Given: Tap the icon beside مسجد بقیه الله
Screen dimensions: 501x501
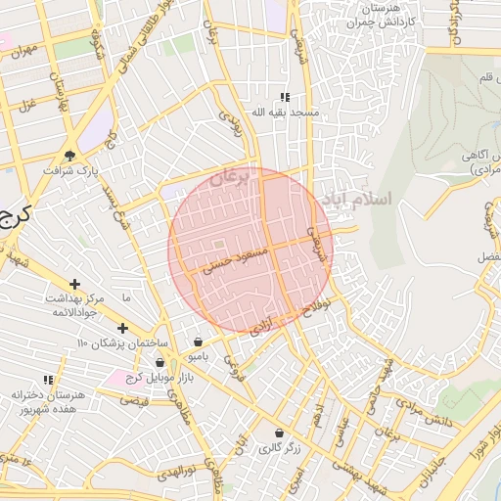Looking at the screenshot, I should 285,97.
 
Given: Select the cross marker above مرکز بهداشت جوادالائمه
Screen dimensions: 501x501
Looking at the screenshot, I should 74,283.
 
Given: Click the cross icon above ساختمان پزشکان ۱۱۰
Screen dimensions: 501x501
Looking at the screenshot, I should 122,328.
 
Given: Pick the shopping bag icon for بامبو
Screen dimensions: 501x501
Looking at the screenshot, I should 200,342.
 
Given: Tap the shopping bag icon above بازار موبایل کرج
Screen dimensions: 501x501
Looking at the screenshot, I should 159,363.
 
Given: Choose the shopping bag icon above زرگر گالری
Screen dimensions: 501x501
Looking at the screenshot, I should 280,433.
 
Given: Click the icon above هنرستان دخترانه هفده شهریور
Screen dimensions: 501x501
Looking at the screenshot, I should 47,380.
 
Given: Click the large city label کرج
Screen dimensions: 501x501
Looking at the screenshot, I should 15,217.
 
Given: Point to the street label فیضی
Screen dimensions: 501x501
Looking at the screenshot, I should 134,400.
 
